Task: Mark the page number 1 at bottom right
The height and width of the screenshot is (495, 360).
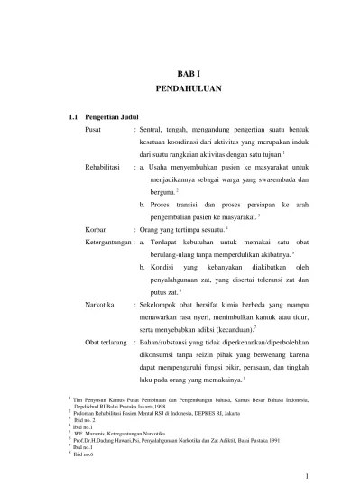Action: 307,477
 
